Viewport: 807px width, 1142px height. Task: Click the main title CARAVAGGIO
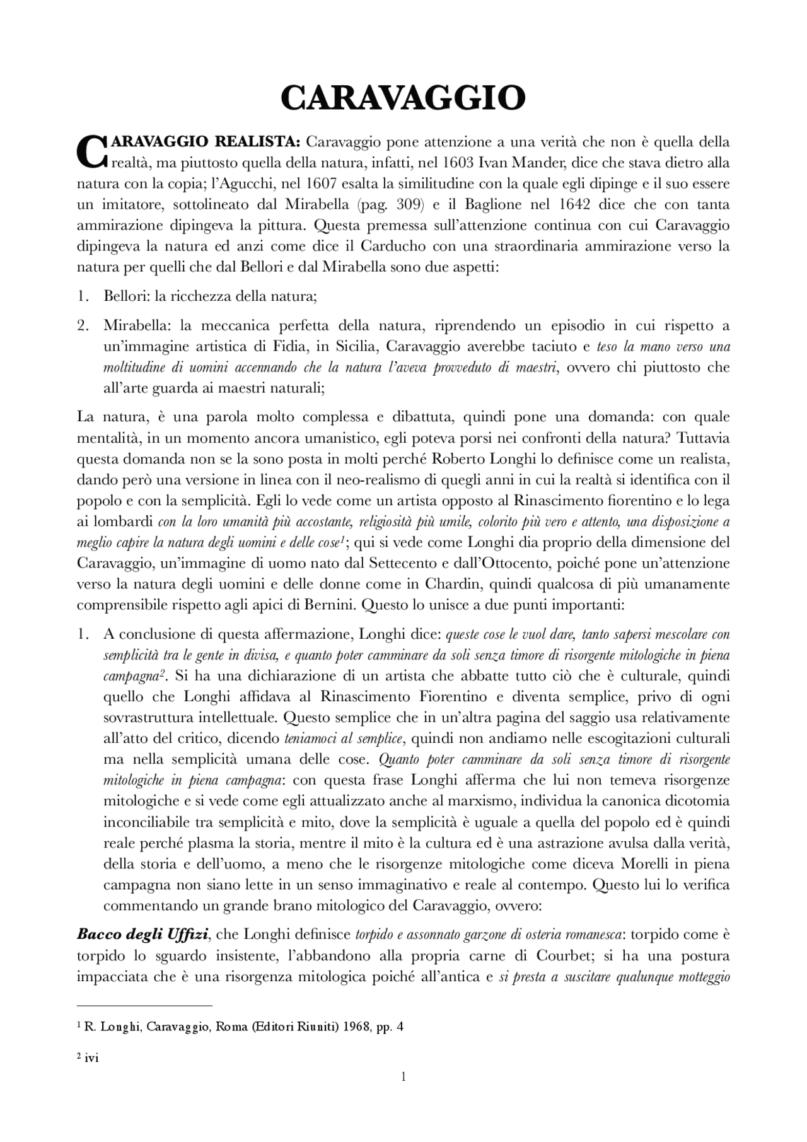(403, 99)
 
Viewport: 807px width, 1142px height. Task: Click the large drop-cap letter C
(92, 152)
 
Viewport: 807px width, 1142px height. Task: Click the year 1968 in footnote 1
(343, 1027)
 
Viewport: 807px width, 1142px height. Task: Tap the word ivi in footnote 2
(91, 1058)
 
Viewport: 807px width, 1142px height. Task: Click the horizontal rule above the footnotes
(144, 1005)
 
